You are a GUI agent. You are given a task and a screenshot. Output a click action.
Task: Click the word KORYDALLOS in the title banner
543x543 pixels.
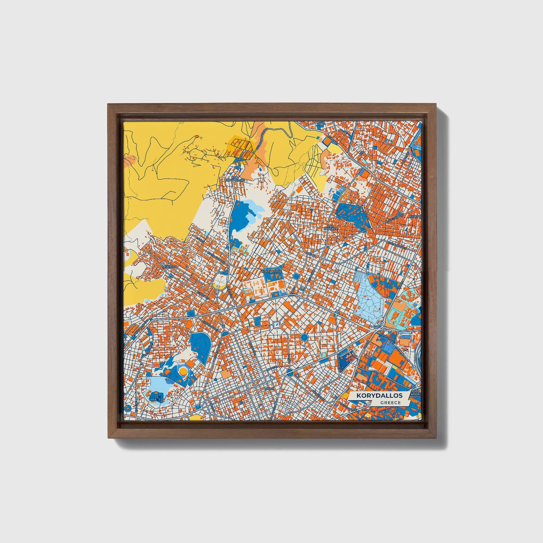[x=380, y=396]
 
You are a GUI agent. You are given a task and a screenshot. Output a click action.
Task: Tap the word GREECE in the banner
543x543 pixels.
[x=390, y=402]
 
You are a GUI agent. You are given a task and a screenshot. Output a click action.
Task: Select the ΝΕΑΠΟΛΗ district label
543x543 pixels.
[x=169, y=265]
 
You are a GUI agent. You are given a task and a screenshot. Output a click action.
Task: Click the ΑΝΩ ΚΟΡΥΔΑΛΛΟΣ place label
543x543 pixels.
[x=235, y=178]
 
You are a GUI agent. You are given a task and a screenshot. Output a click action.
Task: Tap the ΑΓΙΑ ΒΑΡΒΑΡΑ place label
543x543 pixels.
[x=331, y=226]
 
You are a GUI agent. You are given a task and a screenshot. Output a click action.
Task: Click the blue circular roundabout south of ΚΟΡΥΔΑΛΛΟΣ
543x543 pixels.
[x=304, y=337]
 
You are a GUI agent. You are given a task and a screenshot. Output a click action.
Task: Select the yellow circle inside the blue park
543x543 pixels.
[x=183, y=371]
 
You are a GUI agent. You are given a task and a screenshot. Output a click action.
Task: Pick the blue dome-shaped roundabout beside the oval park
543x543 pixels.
[x=225, y=334]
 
